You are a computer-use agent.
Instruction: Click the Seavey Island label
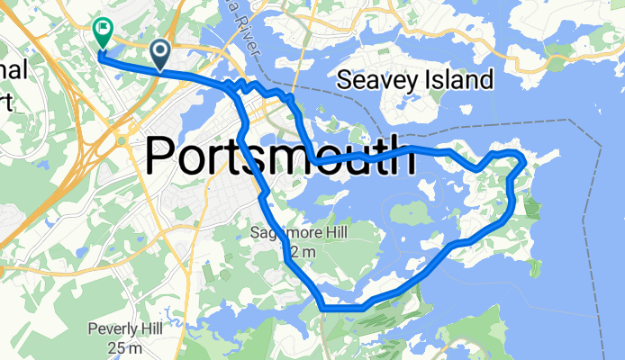pos(414,80)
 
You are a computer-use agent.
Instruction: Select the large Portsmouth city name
pos(279,157)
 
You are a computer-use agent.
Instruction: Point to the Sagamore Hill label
pos(298,234)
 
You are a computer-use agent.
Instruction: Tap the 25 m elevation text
pos(125,346)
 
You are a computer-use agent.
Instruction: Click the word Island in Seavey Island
pos(459,80)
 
